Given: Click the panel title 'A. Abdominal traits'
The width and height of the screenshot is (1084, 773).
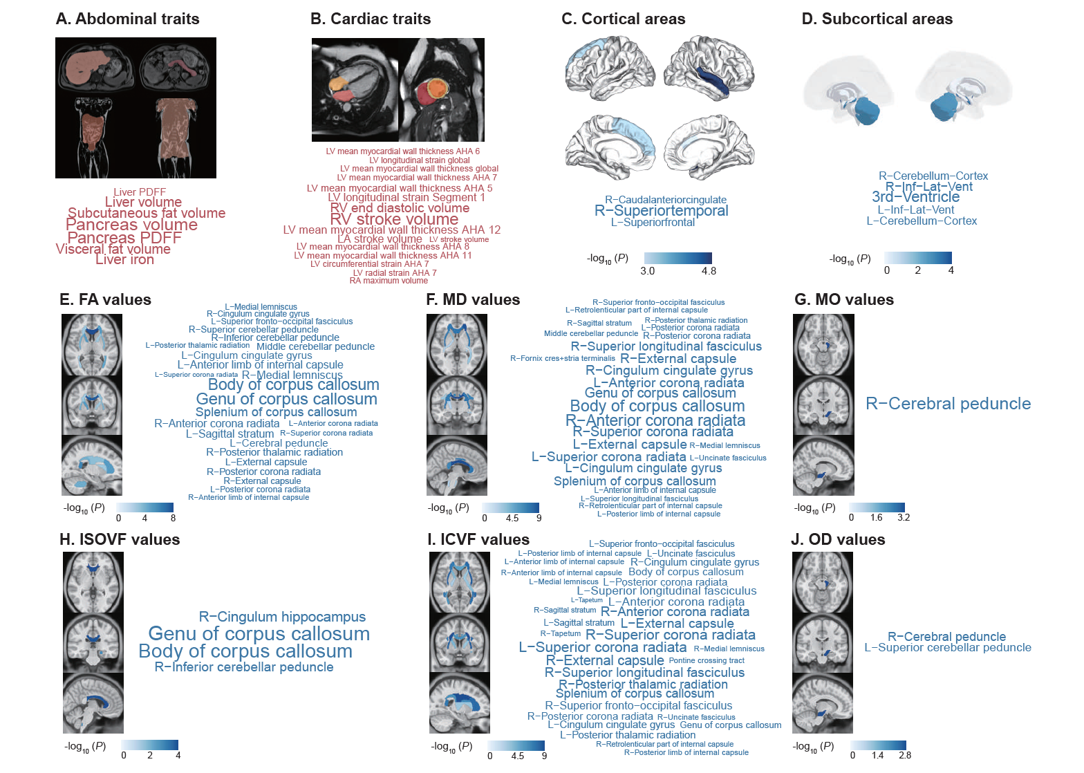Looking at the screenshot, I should pyautogui.click(x=127, y=19).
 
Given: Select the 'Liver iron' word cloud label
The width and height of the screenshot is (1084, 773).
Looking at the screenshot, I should pyautogui.click(x=124, y=259).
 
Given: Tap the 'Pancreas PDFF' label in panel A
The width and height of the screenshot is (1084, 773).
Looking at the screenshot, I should pyautogui.click(x=124, y=238).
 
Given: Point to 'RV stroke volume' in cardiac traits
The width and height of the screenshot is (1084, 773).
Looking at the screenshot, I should pyautogui.click(x=394, y=219).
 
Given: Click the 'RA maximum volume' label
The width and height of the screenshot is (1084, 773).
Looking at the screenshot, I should pyautogui.click(x=389, y=281).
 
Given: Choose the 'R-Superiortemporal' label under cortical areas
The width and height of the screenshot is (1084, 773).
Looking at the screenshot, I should pyautogui.click(x=662, y=211).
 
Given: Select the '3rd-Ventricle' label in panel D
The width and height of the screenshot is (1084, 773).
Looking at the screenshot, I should pyautogui.click(x=915, y=197).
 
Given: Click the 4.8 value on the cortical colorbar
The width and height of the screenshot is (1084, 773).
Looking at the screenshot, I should pyautogui.click(x=709, y=271).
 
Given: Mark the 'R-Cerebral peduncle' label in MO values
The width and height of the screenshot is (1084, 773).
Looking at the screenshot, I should pyautogui.click(x=948, y=404).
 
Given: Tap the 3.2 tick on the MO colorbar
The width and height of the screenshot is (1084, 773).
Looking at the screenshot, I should pyautogui.click(x=904, y=517).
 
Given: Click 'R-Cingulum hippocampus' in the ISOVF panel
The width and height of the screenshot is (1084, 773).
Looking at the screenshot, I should pyautogui.click(x=282, y=617).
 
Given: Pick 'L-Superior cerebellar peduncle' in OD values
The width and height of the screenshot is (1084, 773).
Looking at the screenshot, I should pyautogui.click(x=947, y=648).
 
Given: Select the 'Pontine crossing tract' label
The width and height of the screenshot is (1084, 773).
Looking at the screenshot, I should pyautogui.click(x=707, y=660).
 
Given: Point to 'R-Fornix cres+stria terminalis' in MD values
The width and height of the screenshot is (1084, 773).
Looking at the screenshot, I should pyautogui.click(x=562, y=358).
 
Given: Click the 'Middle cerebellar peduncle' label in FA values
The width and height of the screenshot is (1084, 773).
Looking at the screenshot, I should pyautogui.click(x=315, y=346).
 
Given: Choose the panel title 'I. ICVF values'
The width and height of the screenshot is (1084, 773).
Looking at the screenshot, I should pyautogui.click(x=478, y=539).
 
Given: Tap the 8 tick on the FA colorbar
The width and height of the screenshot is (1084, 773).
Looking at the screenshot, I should pyautogui.click(x=173, y=518).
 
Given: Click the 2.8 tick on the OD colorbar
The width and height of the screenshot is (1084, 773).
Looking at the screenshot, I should pyautogui.click(x=905, y=755).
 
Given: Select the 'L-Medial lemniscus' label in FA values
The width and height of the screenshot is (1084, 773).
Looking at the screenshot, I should pyautogui.click(x=261, y=306).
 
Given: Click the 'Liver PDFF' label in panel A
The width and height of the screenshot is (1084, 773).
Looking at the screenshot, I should pyautogui.click(x=140, y=192).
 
